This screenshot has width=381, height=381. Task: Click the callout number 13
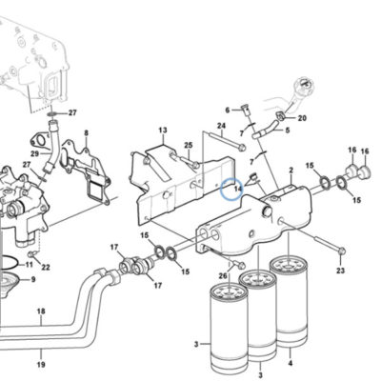(x=163, y=130)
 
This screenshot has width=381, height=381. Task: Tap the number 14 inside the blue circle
(x=238, y=189)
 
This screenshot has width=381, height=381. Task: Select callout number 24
(x=221, y=126)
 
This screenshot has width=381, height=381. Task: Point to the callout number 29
(x=35, y=154)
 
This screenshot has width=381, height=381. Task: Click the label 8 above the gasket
(x=86, y=133)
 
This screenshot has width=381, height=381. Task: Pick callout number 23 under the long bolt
(x=340, y=271)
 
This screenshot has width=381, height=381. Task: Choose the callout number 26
(x=223, y=276)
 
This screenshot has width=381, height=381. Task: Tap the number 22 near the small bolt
(x=46, y=268)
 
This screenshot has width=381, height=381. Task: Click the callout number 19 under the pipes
(x=41, y=364)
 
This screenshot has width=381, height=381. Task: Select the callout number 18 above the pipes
(x=41, y=311)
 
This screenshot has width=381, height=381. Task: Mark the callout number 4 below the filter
(x=291, y=363)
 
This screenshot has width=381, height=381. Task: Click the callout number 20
(x=302, y=118)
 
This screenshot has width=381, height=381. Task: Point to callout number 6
(x=228, y=110)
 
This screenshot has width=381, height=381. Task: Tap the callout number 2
(x=291, y=170)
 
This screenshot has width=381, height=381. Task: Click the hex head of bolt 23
(x=341, y=251)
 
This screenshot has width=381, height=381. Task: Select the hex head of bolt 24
(x=242, y=148)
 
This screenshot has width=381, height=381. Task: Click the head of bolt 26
(x=241, y=264)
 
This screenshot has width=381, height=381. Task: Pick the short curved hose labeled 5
(x=266, y=130)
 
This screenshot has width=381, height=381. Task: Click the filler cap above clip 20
(x=304, y=84)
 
